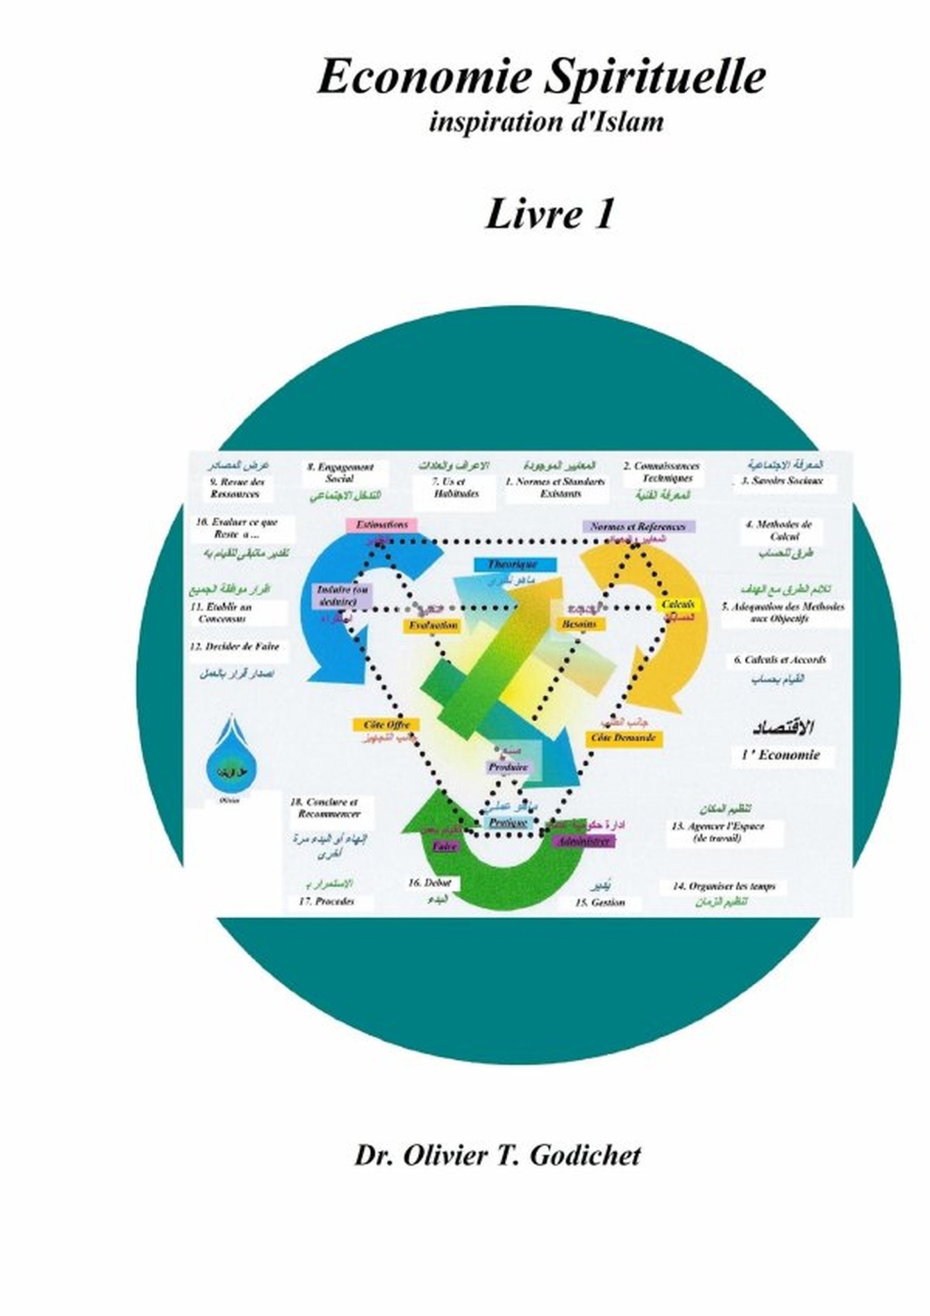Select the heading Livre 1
549,215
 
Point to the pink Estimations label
381,525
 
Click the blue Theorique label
512,565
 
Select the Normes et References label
638,527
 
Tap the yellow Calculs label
678,605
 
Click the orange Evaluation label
432,625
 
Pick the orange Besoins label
579,624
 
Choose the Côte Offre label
387,725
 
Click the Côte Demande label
623,738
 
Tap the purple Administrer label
583,841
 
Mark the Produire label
508,767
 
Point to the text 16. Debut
430,883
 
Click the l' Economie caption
781,755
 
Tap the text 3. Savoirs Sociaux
782,480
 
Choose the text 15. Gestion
600,902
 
